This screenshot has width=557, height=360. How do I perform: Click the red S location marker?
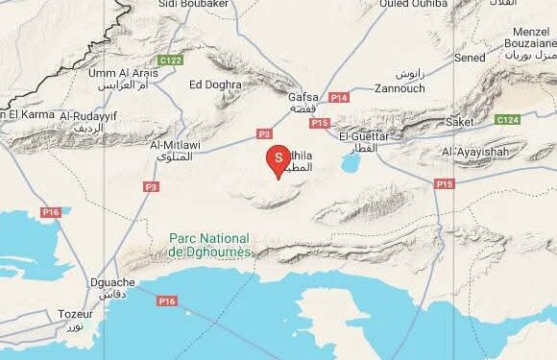278,157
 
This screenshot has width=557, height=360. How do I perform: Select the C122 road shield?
171,60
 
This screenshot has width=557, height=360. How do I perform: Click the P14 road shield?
338,98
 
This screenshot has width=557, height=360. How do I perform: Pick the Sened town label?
471,58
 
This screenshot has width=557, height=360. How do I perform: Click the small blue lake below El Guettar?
350,164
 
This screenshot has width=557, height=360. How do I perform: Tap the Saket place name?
460,122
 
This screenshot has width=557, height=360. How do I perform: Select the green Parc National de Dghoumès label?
209,245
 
